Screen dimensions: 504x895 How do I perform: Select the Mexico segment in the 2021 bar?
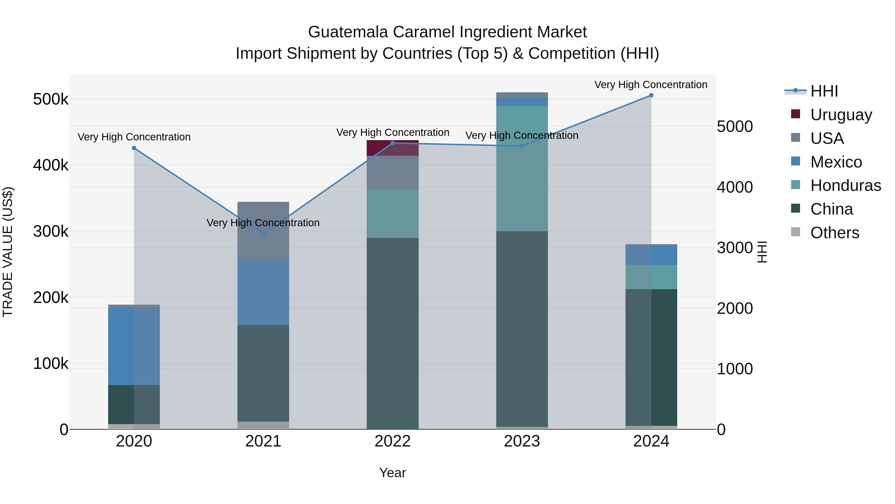tap(263, 292)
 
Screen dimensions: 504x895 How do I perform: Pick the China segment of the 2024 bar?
tap(651, 357)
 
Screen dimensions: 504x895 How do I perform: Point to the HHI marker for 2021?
tap(263, 234)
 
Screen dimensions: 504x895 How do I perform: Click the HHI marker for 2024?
tap(651, 95)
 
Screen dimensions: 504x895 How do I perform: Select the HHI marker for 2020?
tap(134, 148)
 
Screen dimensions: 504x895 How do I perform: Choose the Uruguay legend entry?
tap(841, 115)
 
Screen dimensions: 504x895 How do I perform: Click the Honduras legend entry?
tap(845, 185)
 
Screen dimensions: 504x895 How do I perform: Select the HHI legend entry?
tap(824, 91)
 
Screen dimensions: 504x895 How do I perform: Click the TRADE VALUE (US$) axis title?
tap(8, 252)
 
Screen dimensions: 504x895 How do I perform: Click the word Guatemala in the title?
tap(348, 32)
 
